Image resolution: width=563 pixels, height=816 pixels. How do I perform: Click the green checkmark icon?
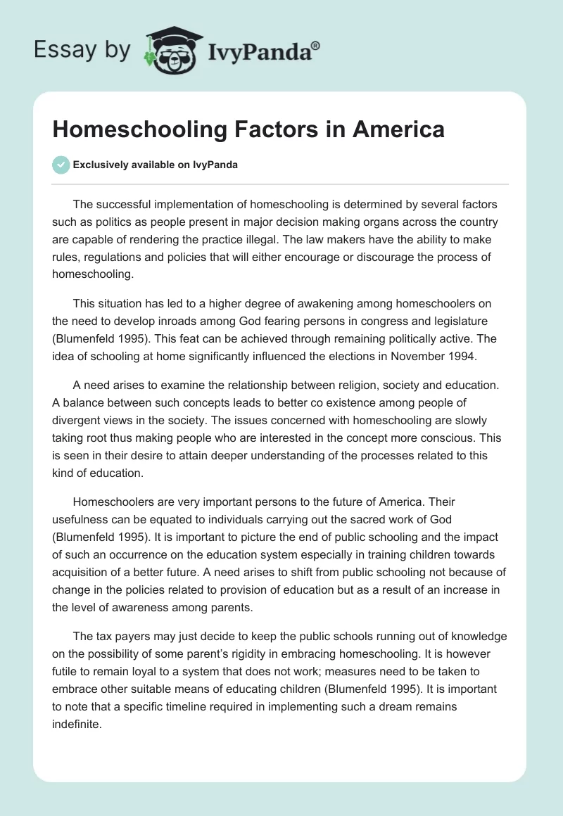61,165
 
